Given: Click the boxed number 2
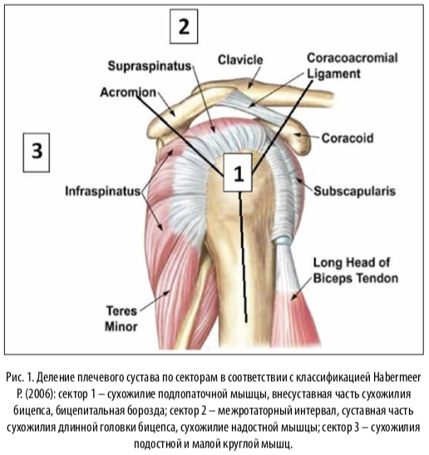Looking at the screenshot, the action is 184,27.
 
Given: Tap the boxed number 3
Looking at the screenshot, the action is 37,152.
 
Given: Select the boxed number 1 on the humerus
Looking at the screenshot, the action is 238,173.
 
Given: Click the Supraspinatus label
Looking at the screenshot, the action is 150,67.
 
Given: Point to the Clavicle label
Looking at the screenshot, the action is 240,60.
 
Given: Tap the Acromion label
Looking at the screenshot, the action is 128,92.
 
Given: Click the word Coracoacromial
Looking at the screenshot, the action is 353,58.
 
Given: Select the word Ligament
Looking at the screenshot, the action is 333,74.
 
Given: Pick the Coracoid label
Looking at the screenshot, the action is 348,138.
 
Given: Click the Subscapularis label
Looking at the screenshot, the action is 354,191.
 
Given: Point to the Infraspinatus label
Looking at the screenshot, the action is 103,191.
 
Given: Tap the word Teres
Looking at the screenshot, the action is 121,311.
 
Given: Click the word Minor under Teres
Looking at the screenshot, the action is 121,327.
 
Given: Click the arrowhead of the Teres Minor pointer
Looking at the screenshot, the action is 167,293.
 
